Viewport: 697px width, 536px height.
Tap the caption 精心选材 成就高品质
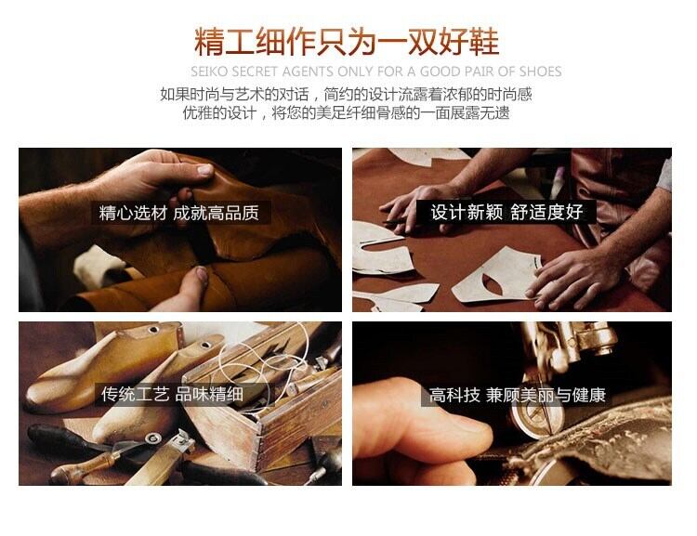(178, 213)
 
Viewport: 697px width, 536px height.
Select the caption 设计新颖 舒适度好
(506, 212)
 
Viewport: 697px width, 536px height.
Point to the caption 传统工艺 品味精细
(172, 394)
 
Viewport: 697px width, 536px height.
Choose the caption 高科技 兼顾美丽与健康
(517, 395)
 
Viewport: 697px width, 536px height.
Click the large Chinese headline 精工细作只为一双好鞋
(347, 42)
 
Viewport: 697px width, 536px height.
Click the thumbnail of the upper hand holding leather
(205, 169)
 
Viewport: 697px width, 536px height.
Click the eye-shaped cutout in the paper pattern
(493, 283)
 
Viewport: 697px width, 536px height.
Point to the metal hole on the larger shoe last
(153, 330)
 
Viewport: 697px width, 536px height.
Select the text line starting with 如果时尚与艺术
(346, 95)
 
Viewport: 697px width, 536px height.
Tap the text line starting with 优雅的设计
(346, 113)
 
